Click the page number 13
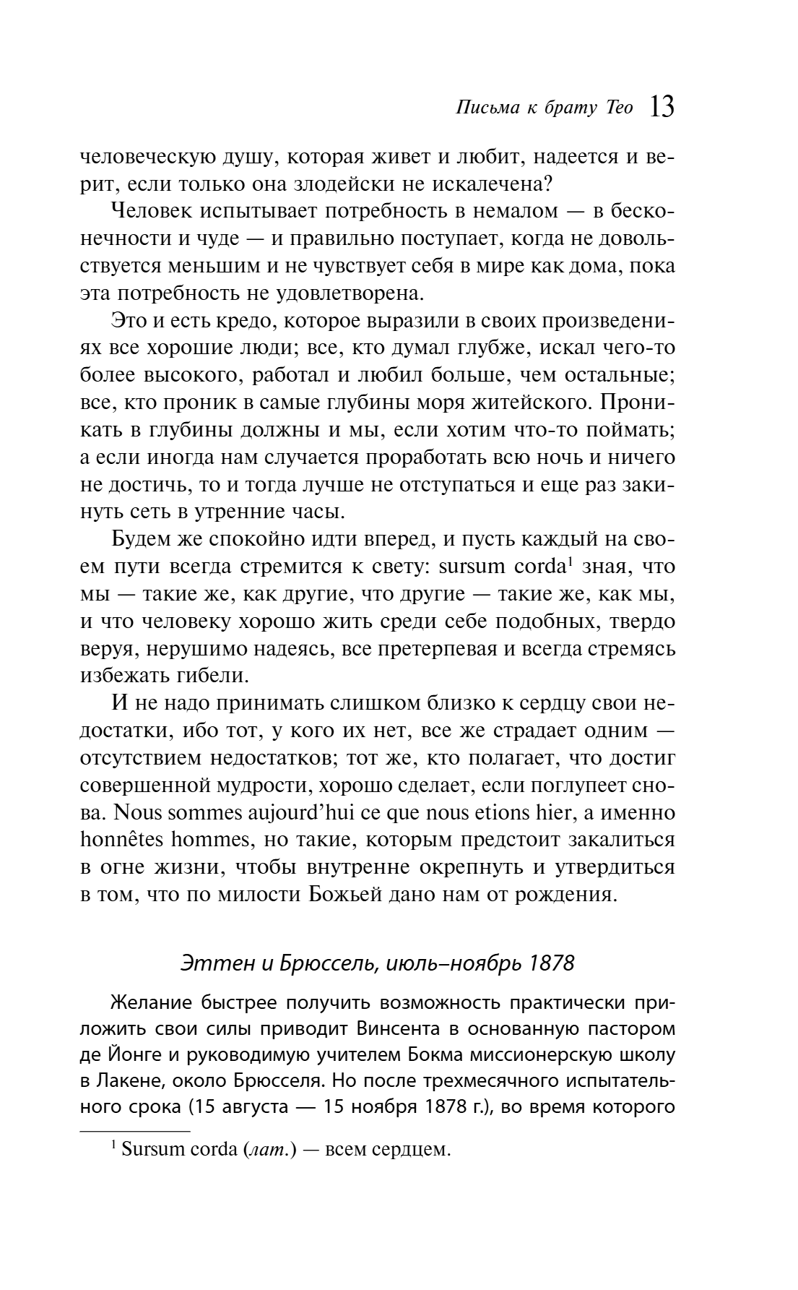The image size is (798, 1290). click(x=662, y=107)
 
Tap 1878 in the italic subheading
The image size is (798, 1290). click(x=551, y=963)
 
